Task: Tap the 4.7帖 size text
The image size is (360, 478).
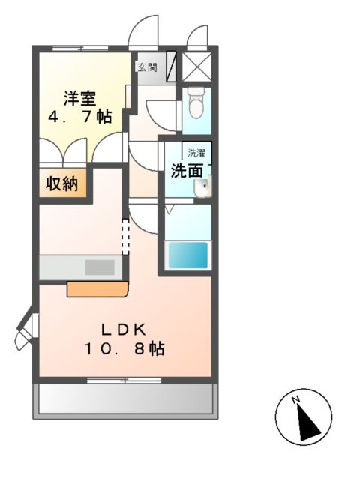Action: [79, 117]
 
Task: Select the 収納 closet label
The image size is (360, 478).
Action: [64, 184]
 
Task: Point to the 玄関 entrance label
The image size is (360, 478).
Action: [146, 67]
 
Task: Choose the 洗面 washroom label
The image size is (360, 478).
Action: [187, 170]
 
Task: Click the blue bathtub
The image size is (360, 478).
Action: [187, 255]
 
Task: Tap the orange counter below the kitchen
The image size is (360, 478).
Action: [97, 288]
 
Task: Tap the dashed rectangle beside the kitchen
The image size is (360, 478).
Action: [126, 235]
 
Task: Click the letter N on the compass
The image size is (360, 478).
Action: [296, 399]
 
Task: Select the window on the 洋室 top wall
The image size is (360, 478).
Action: [79, 49]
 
